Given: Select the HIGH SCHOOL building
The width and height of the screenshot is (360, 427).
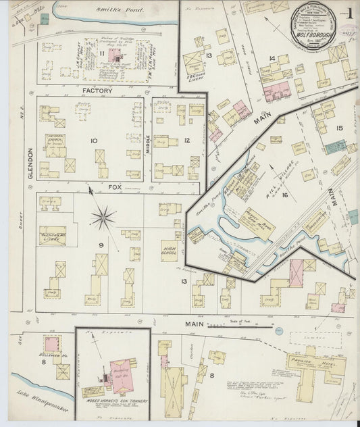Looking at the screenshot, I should coord(170,250).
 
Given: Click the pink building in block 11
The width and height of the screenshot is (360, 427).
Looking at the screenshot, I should coord(108,58).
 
